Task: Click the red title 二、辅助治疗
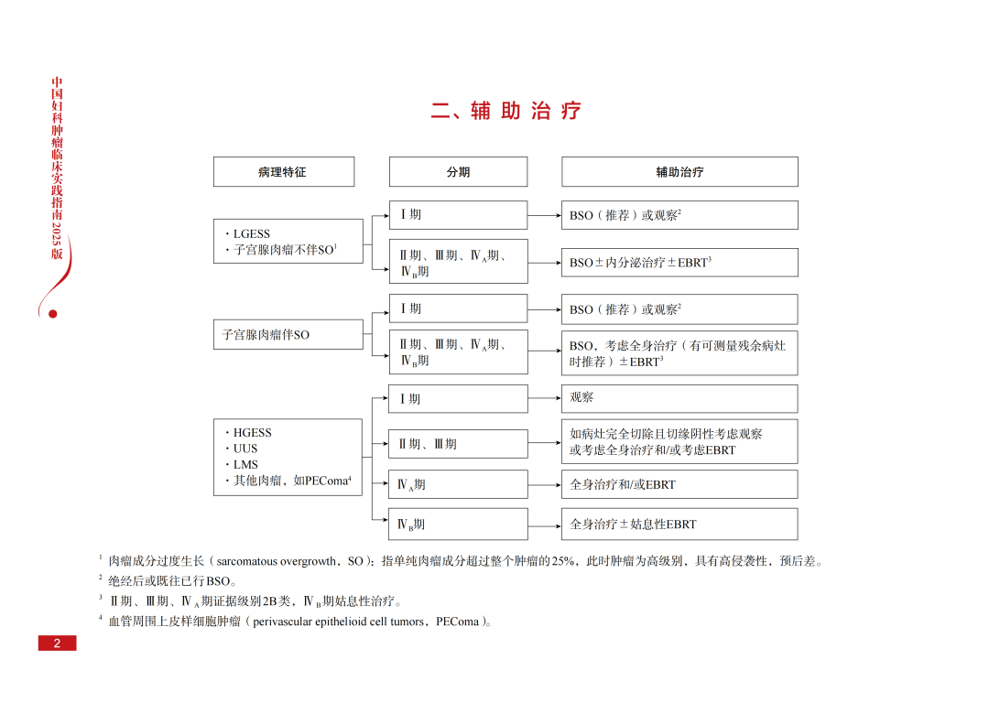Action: [x=505, y=112]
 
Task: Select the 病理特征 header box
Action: [x=283, y=172]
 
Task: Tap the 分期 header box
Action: [x=458, y=172]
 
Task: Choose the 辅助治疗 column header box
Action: [x=679, y=172]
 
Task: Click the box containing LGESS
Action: [x=288, y=241]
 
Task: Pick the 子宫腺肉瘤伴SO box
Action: [x=288, y=335]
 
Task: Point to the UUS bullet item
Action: [x=245, y=449]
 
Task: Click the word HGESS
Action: [x=252, y=433]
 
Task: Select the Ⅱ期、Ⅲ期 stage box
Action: [x=458, y=444]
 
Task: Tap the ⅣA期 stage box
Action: [x=458, y=484]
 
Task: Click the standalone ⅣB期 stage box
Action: [x=458, y=525]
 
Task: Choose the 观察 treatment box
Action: [x=679, y=398]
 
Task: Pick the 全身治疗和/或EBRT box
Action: [x=679, y=484]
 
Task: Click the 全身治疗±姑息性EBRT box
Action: [x=679, y=525]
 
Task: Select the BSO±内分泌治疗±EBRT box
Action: [x=679, y=263]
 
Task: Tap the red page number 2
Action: [x=57, y=644]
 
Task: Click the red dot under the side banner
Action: [x=52, y=314]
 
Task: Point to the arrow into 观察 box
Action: [x=545, y=399]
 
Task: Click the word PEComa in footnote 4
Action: [x=457, y=622]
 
